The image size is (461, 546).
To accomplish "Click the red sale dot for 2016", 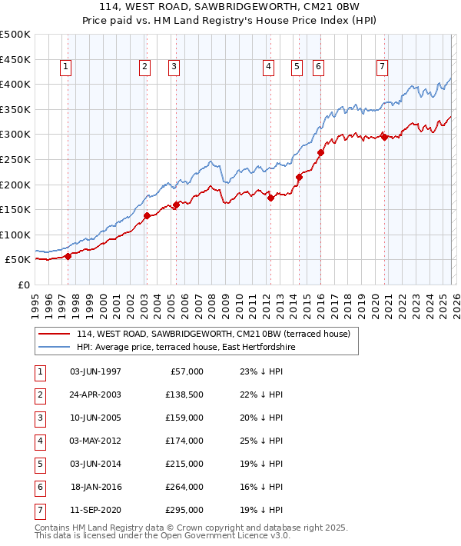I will click(x=320, y=152).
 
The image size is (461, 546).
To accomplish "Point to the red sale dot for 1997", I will click(x=68, y=256).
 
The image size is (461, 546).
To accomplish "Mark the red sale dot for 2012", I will click(x=270, y=198).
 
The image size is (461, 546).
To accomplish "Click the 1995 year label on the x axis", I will click(x=35, y=301).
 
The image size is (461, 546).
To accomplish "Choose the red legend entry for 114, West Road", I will click(x=213, y=334).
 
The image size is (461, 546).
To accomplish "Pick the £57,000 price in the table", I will click(x=185, y=371).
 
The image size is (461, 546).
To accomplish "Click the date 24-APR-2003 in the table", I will click(x=95, y=395).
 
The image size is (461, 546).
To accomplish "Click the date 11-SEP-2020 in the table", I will click(x=95, y=510).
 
